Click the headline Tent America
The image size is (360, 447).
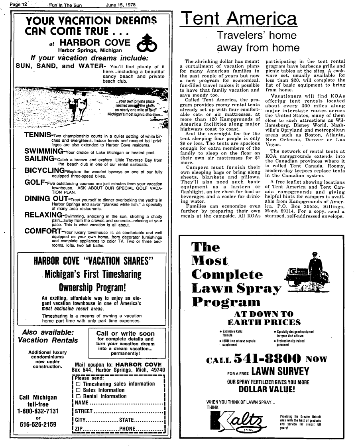238,19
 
